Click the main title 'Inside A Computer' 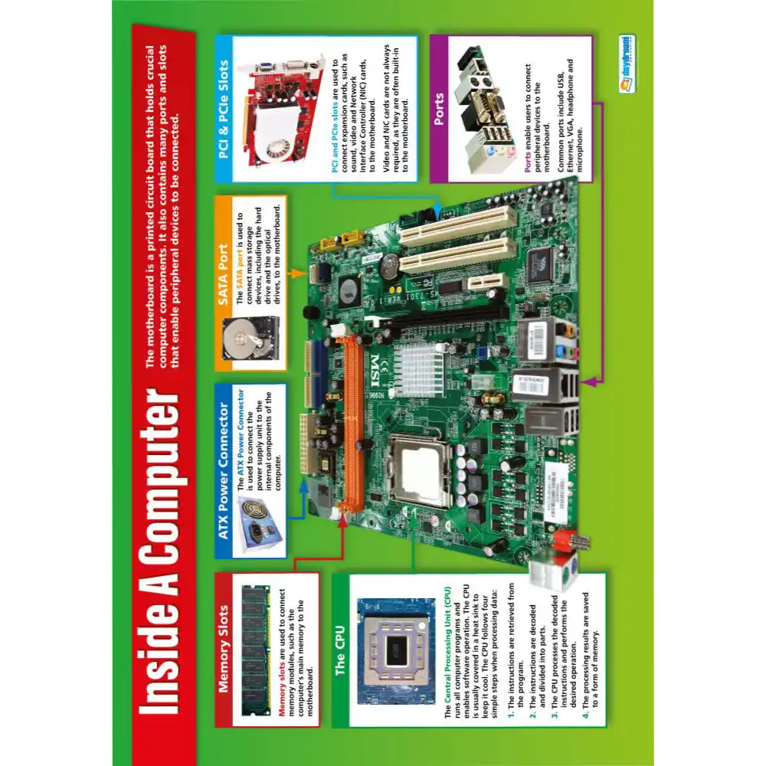pyautogui.click(x=159, y=552)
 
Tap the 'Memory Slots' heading pyautogui.click(x=223, y=649)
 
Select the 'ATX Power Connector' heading pyautogui.click(x=223, y=470)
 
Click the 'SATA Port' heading pyautogui.click(x=223, y=274)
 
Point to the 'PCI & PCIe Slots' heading pyautogui.click(x=223, y=109)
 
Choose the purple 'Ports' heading pyautogui.click(x=439, y=109)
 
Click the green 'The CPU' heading pyautogui.click(x=340, y=650)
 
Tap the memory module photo pyautogui.click(x=256, y=650)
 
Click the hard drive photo pyautogui.click(x=250, y=338)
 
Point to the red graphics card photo pyautogui.click(x=284, y=110)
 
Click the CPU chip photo pyautogui.click(x=396, y=650)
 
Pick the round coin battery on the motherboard pyautogui.click(x=391, y=266)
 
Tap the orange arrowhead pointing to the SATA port pyautogui.click(x=301, y=273)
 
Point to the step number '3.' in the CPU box pyautogui.click(x=555, y=715)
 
